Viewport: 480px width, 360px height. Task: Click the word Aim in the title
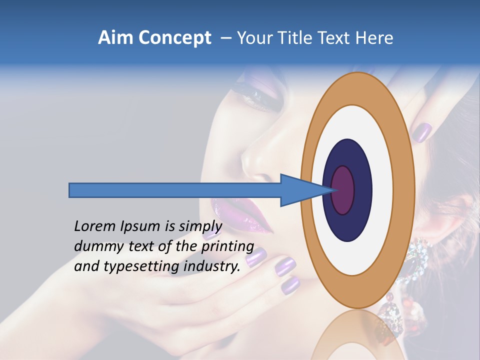(116, 38)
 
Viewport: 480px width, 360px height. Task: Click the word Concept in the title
(175, 38)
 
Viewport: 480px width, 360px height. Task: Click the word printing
(227, 246)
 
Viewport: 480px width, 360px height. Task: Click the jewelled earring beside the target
(419, 257)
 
